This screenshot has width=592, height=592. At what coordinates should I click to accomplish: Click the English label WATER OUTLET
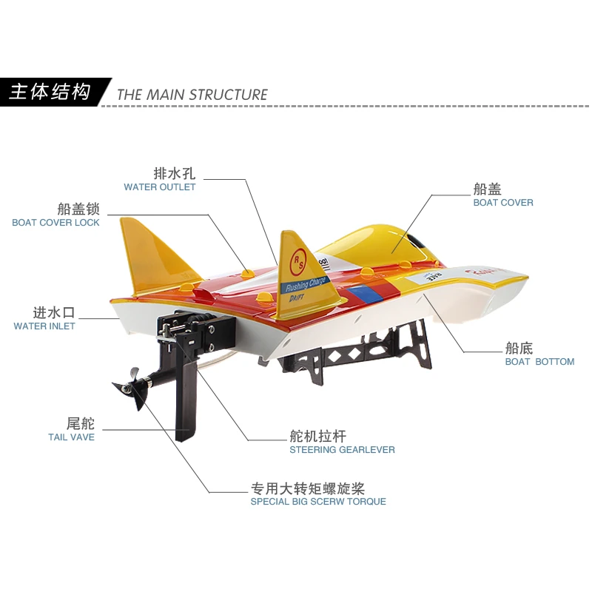[x=160, y=187]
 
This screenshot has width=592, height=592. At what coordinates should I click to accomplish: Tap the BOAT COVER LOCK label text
[x=55, y=223]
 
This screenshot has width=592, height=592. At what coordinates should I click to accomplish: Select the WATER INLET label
[x=44, y=326]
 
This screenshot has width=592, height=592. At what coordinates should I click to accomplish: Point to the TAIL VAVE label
[x=71, y=437]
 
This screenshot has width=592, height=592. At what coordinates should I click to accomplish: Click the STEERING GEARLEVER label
[x=342, y=450]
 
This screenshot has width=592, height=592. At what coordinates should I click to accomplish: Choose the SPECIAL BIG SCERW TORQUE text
[x=318, y=502]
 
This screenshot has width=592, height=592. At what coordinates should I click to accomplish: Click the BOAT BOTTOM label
[x=539, y=362]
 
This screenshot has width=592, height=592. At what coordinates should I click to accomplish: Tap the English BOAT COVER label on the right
[x=503, y=203]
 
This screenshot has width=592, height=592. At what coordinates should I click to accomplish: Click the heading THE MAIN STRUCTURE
[x=192, y=95]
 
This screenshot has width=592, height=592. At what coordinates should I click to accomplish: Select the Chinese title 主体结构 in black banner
[x=50, y=92]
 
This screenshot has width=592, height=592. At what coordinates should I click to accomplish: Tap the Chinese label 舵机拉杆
[x=317, y=436]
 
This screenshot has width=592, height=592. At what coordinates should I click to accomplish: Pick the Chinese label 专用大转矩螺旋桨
[x=307, y=488]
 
